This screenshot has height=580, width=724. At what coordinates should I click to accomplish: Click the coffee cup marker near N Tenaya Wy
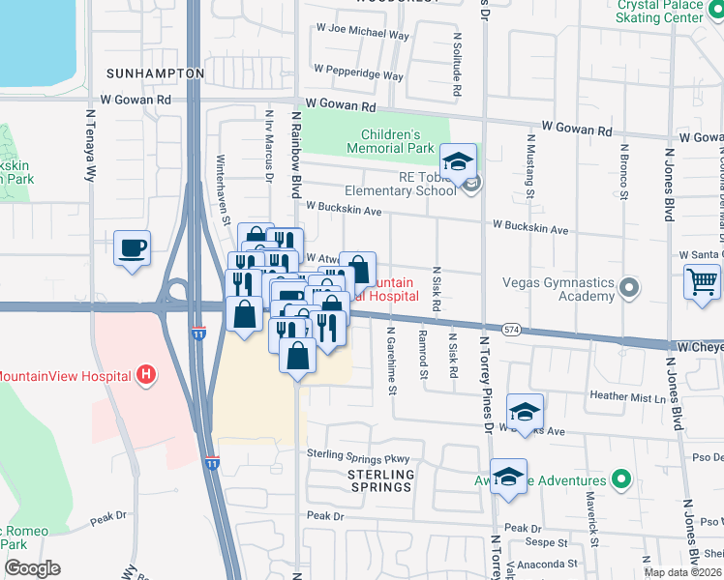click(133, 248)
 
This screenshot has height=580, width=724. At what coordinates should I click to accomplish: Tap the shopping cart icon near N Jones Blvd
click(702, 283)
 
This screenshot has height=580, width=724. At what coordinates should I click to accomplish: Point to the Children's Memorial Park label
click(397, 141)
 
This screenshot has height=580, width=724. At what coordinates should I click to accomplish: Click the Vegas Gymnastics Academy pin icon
click(630, 288)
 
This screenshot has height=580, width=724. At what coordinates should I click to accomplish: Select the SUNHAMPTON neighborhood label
click(155, 73)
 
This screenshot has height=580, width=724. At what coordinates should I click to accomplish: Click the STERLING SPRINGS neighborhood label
click(381, 480)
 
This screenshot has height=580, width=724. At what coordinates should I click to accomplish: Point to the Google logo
click(32, 568)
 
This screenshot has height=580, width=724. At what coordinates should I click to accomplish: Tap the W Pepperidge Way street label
click(352, 75)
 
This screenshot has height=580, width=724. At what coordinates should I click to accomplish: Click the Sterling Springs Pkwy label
click(358, 454)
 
